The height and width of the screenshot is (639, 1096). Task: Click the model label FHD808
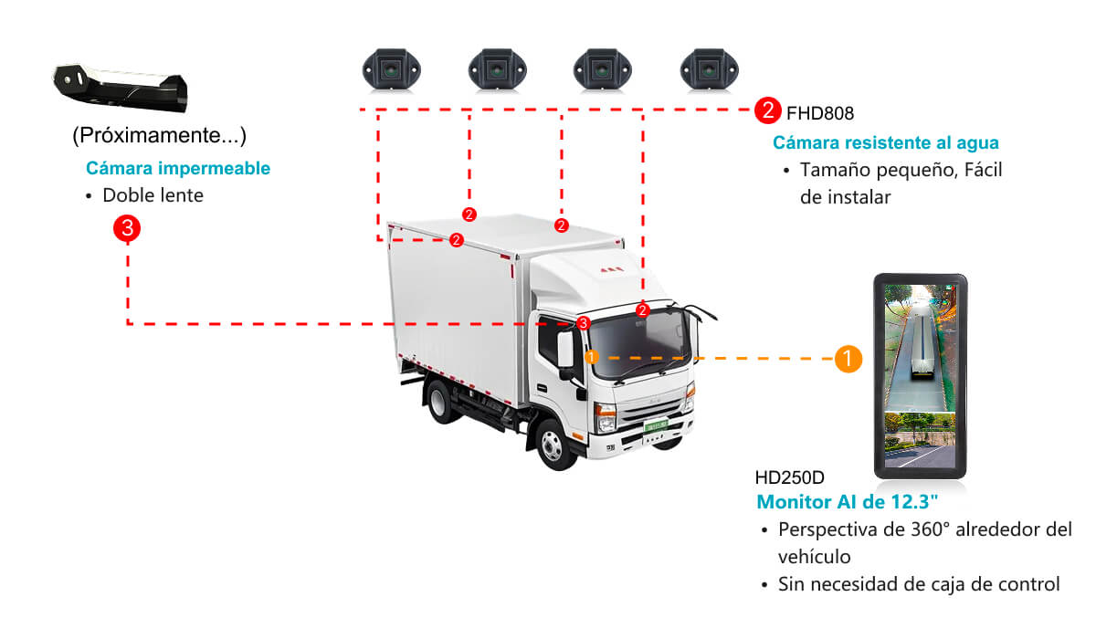point(819,113)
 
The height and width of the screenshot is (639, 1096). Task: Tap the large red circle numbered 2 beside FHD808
point(767,110)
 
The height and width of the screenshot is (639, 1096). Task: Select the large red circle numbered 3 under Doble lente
point(127,228)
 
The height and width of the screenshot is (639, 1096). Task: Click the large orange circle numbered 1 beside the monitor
point(848,360)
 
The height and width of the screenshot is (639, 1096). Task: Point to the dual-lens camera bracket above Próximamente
point(121,88)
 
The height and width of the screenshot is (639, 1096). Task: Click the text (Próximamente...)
point(159,135)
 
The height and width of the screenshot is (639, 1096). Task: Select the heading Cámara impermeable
point(178,168)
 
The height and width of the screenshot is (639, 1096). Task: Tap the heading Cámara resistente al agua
point(886,142)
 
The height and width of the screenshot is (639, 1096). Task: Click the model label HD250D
point(789,477)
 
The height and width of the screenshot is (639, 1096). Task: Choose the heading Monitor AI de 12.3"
point(847,502)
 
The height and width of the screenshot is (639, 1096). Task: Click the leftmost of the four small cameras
point(392,70)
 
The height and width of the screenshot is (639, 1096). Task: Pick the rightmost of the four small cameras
point(709,70)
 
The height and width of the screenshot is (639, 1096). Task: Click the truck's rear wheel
point(440,401)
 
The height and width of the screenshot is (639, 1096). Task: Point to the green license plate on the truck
point(656,425)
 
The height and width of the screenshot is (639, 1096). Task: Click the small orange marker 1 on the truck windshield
point(592,358)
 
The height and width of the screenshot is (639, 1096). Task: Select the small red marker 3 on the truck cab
point(584,323)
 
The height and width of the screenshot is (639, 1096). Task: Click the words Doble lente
point(153,195)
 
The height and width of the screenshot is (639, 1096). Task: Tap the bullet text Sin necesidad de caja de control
point(919,585)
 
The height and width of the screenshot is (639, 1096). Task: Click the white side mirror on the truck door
point(565,349)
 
